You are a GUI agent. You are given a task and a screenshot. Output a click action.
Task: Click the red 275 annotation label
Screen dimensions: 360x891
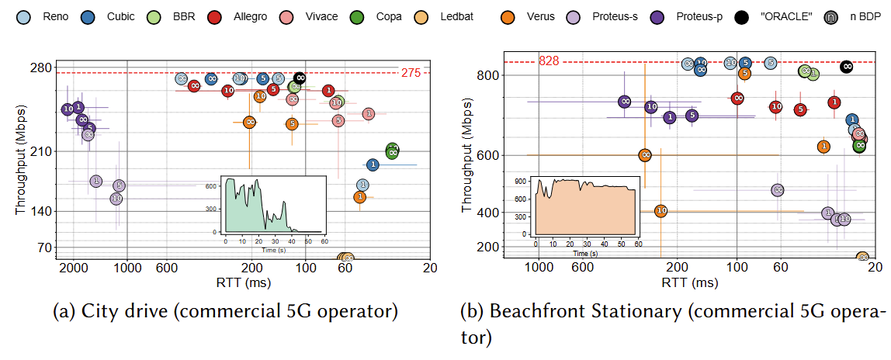pos(411,73)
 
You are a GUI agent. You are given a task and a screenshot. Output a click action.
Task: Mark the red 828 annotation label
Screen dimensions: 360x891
pos(549,61)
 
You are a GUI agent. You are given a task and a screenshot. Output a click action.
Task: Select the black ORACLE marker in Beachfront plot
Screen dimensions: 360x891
pos(848,67)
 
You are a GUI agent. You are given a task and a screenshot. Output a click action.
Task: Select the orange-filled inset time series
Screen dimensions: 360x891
pos(585,209)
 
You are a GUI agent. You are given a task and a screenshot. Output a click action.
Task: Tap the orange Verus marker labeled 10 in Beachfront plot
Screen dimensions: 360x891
pos(660,210)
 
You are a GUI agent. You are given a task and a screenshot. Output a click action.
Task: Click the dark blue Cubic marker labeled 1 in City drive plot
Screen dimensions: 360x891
pos(373,164)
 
